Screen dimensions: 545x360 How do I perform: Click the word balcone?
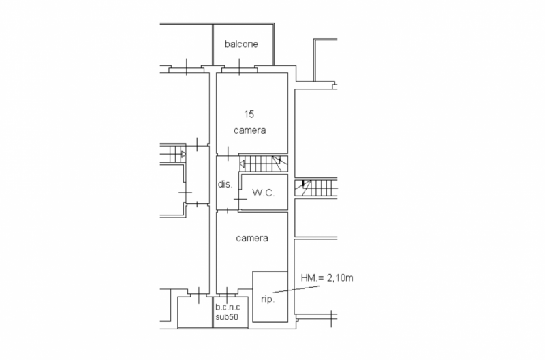click(x=241, y=44)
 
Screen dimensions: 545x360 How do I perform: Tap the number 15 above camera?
click(x=249, y=114)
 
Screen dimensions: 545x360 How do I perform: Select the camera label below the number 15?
click(x=249, y=130)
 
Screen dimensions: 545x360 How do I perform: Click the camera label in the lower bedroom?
click(x=252, y=238)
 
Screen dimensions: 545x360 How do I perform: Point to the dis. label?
click(x=225, y=184)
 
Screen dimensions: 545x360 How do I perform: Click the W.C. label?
click(x=263, y=193)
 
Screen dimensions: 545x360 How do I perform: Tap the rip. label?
click(x=268, y=299)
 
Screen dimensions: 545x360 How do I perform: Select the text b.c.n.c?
click(x=228, y=307)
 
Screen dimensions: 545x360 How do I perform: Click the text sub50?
click(x=227, y=317)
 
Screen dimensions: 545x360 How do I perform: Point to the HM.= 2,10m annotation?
click(x=327, y=278)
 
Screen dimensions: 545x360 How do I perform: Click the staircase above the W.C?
click(x=264, y=164)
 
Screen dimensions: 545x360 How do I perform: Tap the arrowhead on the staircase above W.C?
click(x=242, y=164)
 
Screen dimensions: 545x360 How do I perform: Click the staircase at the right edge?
click(x=316, y=187)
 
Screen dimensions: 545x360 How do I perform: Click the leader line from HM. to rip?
click(x=296, y=289)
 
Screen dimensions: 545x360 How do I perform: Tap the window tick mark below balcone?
click(x=240, y=67)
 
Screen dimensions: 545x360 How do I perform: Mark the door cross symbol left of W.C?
click(x=240, y=199)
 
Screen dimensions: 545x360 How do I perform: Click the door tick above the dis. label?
click(x=228, y=153)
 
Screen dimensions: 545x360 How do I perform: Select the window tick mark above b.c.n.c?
click(x=227, y=295)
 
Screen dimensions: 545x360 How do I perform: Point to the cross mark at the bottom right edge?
click(x=331, y=318)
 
